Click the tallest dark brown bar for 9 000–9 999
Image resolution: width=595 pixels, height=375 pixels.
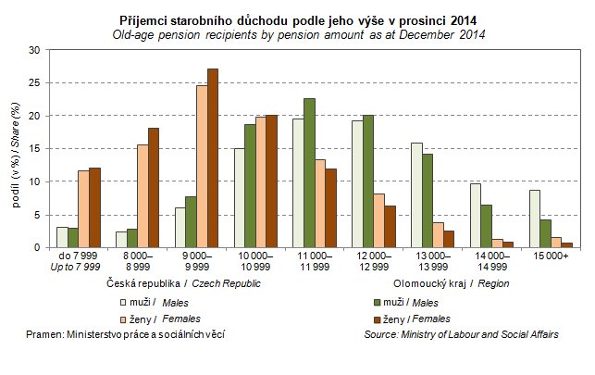coord(213,158)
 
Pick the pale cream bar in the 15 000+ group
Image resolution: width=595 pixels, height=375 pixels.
coord(535,219)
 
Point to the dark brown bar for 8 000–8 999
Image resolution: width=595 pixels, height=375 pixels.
coord(154,188)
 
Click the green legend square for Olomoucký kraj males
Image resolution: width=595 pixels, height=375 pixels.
coord(376,302)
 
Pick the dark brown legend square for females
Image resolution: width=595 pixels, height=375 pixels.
coord(376,319)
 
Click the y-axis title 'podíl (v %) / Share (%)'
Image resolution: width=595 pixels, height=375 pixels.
coord(16,148)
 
